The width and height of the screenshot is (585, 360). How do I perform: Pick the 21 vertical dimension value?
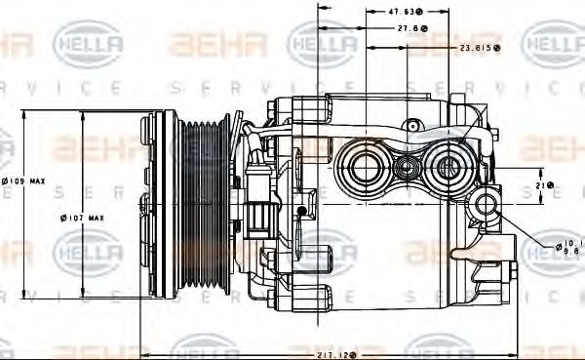click(x=545, y=185)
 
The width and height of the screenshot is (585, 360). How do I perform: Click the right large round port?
click(x=449, y=167)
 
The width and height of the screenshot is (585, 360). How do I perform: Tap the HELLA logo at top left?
click(x=87, y=43)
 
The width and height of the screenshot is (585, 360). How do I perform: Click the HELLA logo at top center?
click(x=321, y=43)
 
